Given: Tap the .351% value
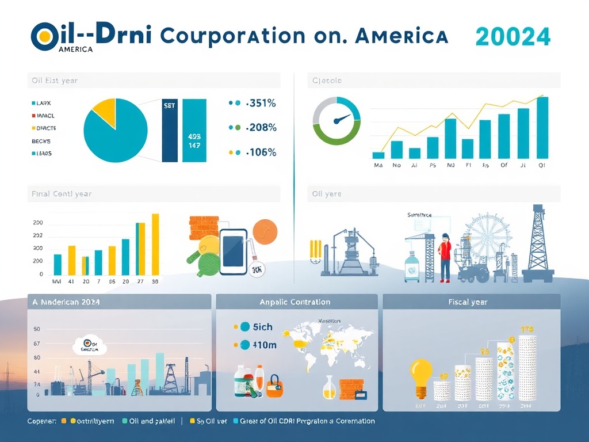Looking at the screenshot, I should (x=261, y=104).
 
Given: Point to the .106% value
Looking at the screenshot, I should (x=261, y=153).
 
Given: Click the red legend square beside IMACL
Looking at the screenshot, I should (x=33, y=116).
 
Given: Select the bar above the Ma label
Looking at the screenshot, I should (x=378, y=155).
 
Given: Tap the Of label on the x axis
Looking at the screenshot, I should (x=504, y=165).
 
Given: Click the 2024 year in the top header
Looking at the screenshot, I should (x=513, y=37).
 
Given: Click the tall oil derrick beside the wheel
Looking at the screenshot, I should (x=538, y=242).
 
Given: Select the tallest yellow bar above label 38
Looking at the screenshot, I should (x=155, y=244).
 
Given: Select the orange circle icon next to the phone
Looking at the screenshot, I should (x=265, y=231).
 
